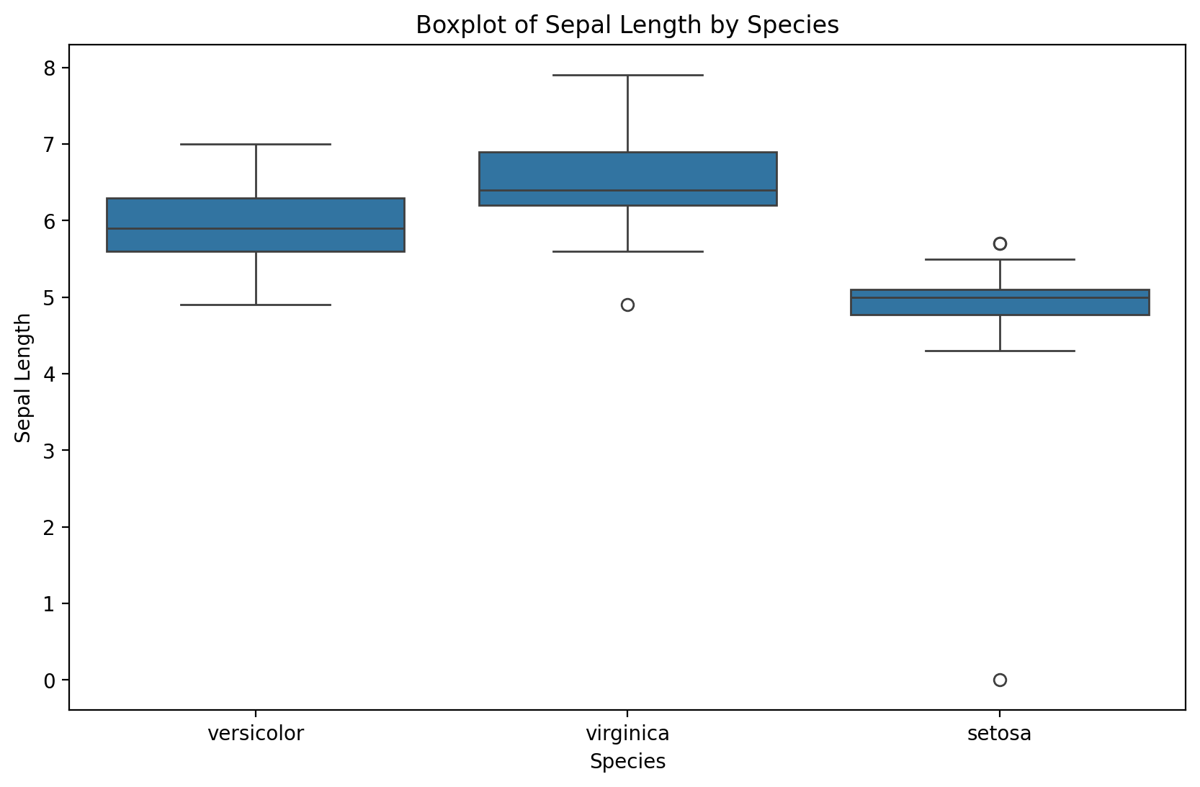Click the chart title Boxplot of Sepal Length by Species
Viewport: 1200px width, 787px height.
627,25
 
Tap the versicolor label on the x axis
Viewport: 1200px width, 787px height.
256,734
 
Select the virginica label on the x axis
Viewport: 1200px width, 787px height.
627,734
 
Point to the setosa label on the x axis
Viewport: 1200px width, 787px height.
999,734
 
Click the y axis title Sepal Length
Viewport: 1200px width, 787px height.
23,377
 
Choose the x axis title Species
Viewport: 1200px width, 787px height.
627,762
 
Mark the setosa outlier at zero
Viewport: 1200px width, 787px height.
1000,680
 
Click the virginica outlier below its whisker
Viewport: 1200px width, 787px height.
627,305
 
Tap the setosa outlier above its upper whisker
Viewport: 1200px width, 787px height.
1000,243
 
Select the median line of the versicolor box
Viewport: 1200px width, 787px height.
256,228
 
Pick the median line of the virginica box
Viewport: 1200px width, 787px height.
627,190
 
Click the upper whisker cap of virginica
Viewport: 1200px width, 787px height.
627,75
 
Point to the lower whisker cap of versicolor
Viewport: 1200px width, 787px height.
256,305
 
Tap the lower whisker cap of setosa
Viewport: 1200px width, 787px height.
1000,351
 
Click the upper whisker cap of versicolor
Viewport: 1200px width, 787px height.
256,144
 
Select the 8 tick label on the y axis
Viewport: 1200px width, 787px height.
49,68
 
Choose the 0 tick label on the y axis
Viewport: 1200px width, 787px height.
49,680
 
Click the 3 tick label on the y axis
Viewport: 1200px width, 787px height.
49,451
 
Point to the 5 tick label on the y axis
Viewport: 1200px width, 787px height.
49,297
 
